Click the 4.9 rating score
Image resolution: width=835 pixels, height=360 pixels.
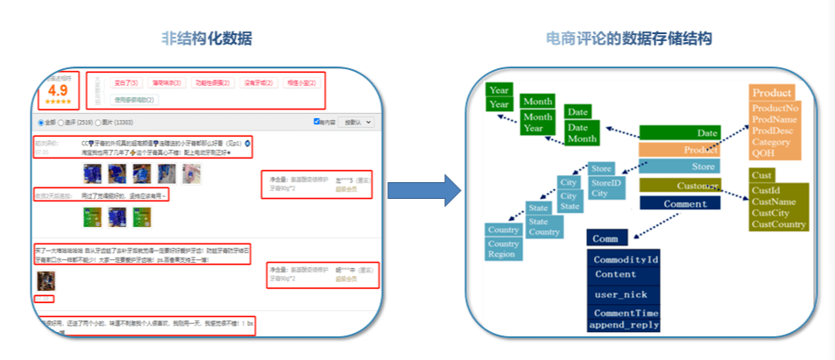(x=59, y=90)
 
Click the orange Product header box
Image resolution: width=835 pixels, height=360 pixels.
(x=773, y=93)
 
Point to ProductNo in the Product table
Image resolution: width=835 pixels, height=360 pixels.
(x=775, y=108)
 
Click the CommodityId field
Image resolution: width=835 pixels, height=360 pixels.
(x=626, y=260)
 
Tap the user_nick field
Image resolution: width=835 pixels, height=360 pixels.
(x=619, y=294)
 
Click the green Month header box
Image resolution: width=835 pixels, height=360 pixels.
(x=537, y=102)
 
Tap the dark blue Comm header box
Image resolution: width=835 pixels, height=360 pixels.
(x=606, y=237)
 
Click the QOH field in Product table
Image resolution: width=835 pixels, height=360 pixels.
(x=763, y=152)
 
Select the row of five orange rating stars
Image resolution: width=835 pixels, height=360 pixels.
(x=59, y=102)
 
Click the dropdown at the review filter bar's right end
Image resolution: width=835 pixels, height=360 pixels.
(x=357, y=122)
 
